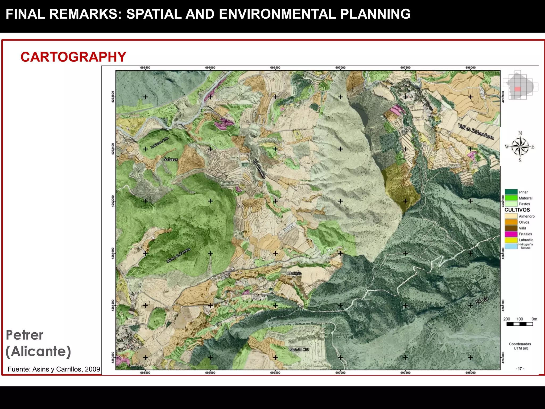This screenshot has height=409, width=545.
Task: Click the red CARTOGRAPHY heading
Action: click(73, 57)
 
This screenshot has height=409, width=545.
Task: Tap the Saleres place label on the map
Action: click(170, 159)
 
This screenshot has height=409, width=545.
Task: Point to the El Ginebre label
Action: click(259, 169)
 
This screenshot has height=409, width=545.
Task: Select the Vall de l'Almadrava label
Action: click(476, 132)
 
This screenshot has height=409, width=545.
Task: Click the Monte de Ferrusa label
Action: click(178, 255)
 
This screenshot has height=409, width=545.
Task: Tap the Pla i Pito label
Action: click(295, 273)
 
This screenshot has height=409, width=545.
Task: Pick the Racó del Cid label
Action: click(299, 349)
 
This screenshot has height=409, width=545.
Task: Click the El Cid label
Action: click(482, 301)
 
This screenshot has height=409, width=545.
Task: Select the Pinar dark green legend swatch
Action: click(511, 192)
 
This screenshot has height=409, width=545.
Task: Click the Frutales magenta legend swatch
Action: click(511, 234)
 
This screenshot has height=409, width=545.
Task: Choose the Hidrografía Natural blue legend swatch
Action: click(511, 246)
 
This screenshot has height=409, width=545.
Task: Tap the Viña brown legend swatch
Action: click(511, 228)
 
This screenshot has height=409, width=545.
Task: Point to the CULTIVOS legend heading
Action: click(517, 210)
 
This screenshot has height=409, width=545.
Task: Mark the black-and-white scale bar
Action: click(520, 324)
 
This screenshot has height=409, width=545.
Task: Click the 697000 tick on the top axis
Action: click(340, 68)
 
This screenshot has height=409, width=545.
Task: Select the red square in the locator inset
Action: click(517, 89)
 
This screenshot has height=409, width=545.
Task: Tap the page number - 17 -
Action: click(520, 369)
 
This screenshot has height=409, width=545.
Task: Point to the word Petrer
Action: click(24, 335)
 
